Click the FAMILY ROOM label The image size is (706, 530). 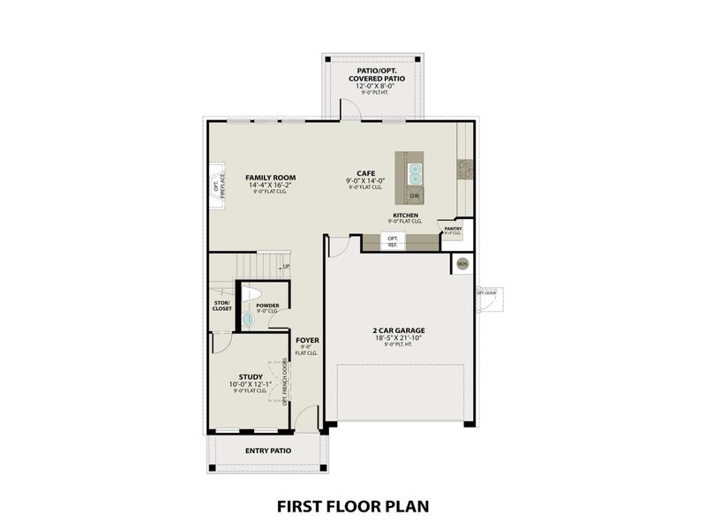pyautogui.click(x=270, y=178)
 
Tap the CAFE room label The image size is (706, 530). pyautogui.click(x=366, y=174)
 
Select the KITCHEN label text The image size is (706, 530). pyautogui.click(x=406, y=215)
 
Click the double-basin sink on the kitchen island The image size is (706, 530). pyautogui.click(x=415, y=170)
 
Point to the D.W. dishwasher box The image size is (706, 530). pyautogui.click(x=415, y=195)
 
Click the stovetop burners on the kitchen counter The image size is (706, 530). pyautogui.click(x=465, y=168)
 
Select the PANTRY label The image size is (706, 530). pyautogui.click(x=454, y=228)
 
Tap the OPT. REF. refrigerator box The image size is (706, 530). pyautogui.click(x=393, y=241)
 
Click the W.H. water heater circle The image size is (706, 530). pyautogui.click(x=462, y=263)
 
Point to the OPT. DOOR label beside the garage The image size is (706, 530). pyautogui.click(x=486, y=292)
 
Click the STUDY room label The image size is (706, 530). pyautogui.click(x=251, y=376)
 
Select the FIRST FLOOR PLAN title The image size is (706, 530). pyautogui.click(x=353, y=506)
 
